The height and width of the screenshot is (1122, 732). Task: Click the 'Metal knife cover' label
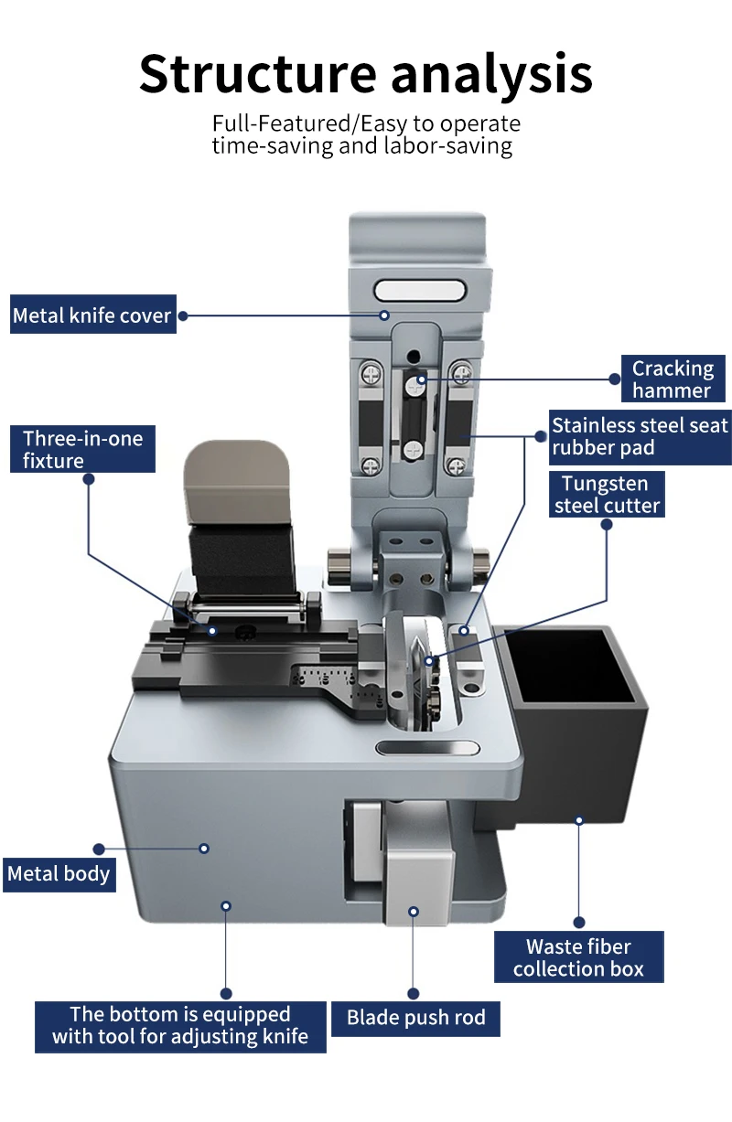click(92, 316)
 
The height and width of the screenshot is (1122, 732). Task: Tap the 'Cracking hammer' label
click(673, 379)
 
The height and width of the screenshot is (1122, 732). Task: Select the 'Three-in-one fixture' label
click(83, 449)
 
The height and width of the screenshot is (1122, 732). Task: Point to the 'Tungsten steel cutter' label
click(606, 494)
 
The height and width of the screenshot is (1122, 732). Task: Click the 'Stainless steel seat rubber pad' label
click(639, 436)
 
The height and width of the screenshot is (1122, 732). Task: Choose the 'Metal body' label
click(59, 873)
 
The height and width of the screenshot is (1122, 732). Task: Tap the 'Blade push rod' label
click(415, 1017)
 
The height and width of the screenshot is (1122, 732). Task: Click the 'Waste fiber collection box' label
click(578, 957)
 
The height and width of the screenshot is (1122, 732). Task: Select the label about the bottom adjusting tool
click(180, 1026)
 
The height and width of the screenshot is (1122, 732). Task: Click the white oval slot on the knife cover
click(421, 292)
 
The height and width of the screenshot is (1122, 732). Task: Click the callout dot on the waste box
click(579, 820)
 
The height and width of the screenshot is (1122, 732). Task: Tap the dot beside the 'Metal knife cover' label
click(183, 315)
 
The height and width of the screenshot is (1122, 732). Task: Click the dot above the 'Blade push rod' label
click(414, 993)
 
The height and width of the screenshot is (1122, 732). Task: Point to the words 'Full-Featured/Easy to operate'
click(366, 123)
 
